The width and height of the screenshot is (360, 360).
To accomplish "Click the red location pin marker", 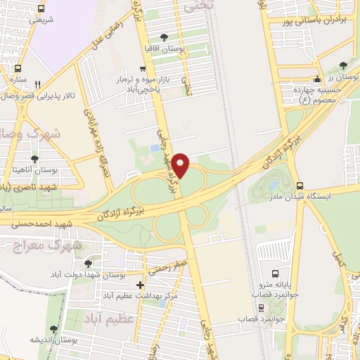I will coord(181,165).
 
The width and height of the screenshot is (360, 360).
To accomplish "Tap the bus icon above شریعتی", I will coord(41,9).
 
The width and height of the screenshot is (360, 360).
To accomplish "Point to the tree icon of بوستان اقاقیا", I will coord(164,37).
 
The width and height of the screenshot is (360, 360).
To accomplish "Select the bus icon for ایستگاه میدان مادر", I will coord(300,186).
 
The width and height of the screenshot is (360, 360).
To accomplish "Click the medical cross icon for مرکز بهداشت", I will coord(141,285).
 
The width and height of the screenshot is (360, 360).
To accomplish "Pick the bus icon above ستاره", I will coord(17,69).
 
